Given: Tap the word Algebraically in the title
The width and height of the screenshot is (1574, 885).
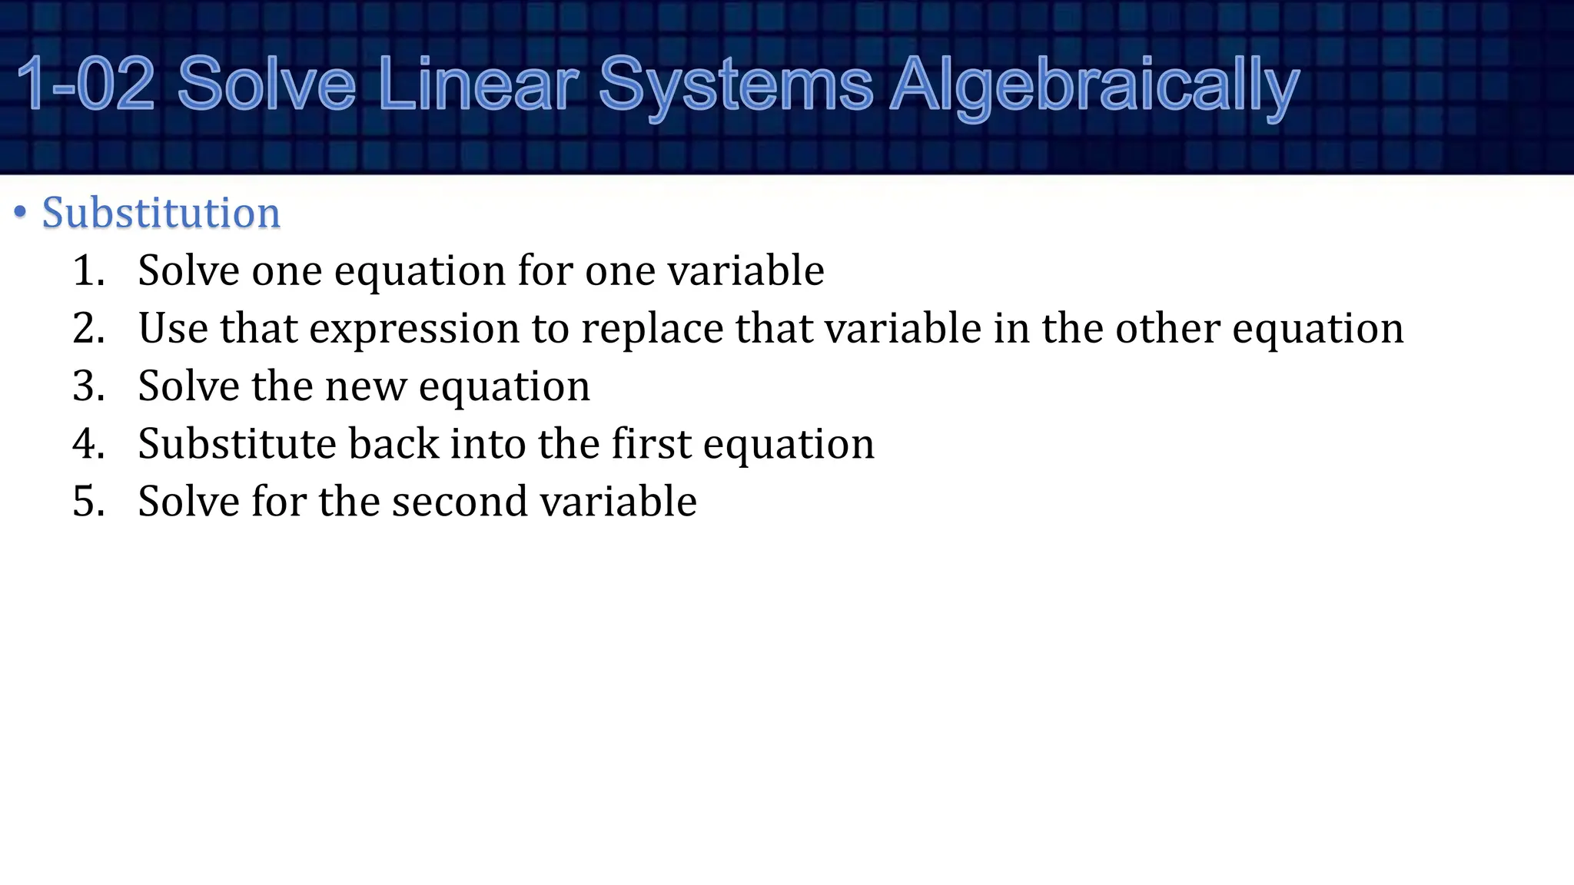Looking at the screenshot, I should (x=1094, y=86).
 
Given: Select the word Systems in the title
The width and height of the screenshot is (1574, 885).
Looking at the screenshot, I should (x=736, y=86).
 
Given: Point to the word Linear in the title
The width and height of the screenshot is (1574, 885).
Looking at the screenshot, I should (x=478, y=85).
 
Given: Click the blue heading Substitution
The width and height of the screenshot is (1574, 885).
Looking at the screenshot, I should (x=161, y=213).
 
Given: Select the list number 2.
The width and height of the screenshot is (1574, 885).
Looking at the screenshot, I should (x=88, y=329).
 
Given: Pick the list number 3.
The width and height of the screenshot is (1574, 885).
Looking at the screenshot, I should (x=88, y=386).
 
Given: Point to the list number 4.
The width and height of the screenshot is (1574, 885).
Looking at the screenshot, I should (x=88, y=444).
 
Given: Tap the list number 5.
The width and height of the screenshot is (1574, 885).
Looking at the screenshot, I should (x=88, y=502).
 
